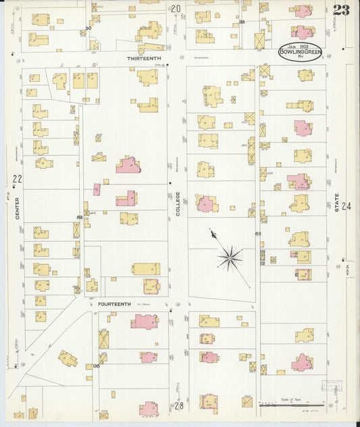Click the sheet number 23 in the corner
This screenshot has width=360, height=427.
[x=340, y=9]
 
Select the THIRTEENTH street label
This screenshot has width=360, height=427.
[x=143, y=59]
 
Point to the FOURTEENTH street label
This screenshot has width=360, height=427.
[x=114, y=304]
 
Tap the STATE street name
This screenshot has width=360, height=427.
[x=336, y=203]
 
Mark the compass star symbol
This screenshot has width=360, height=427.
[x=230, y=257]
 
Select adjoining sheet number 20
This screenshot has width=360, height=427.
[x=176, y=9]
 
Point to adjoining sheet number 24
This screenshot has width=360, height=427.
[x=347, y=207]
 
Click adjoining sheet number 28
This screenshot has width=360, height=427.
[x=178, y=405]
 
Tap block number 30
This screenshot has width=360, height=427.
[x=88, y=28]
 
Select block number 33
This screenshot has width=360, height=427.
[x=241, y=22]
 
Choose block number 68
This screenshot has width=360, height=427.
[x=80, y=217]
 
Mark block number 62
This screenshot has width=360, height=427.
[x=257, y=233]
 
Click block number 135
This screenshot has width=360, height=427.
[x=97, y=366]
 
